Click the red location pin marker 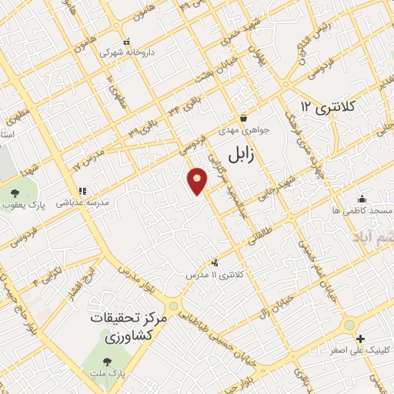(x=198, y=182)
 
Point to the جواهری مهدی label (x=244, y=131)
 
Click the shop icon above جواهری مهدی (x=244, y=119)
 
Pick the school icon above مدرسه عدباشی (x=82, y=191)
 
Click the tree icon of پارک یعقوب (x=15, y=192)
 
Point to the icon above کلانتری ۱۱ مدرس (x=214, y=262)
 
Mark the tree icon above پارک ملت (x=107, y=359)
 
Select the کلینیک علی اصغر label (x=359, y=350)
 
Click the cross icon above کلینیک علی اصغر (x=359, y=339)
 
